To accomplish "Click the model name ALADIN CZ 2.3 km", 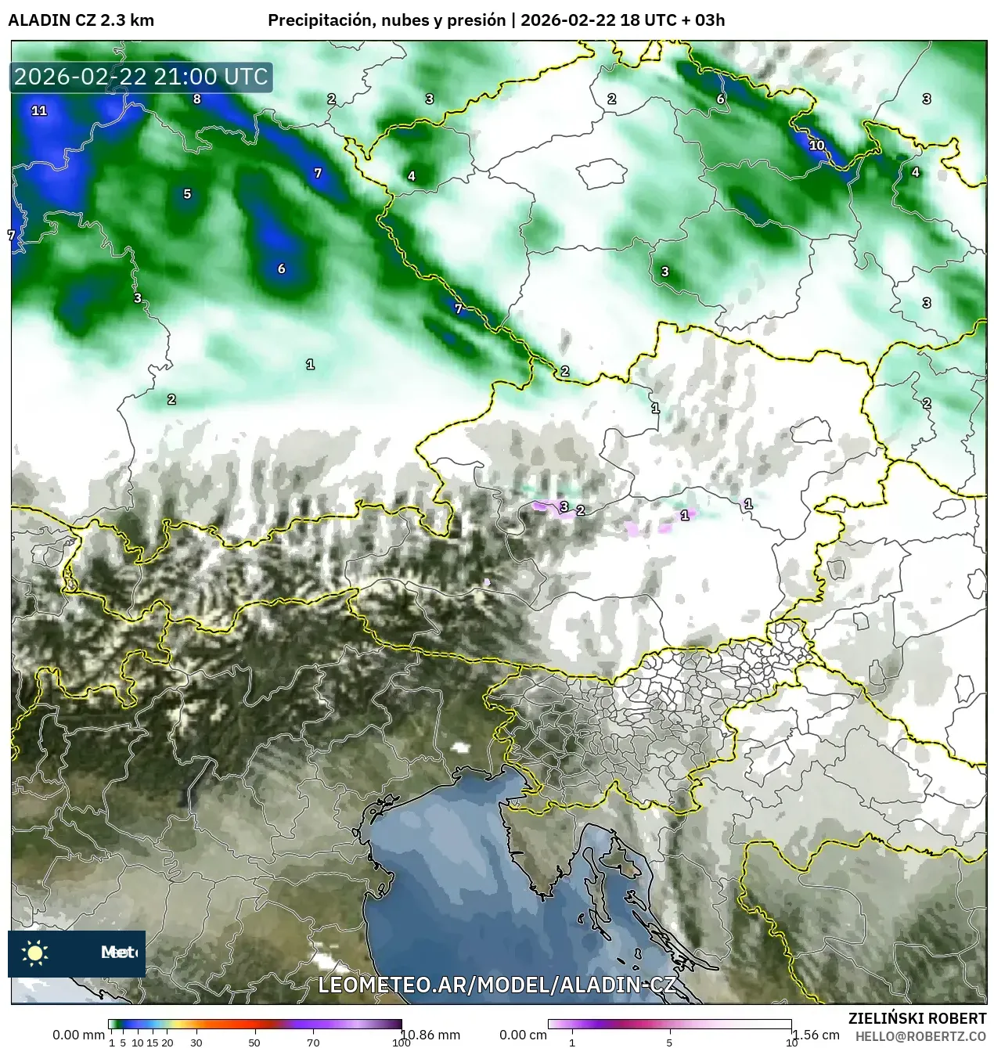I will [x=81, y=20].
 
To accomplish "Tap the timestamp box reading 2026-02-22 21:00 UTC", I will [x=141, y=77].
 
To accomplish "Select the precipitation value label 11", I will [x=39, y=110].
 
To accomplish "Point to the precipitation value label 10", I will [x=816, y=145].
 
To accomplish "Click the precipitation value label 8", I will [x=197, y=99].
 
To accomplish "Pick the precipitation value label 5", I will [x=187, y=194].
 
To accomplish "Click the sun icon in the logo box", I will [x=35, y=953].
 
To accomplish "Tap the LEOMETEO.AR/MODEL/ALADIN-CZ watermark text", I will [x=496, y=985].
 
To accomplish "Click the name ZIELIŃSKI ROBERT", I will [x=917, y=1018].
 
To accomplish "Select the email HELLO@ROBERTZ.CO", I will [x=920, y=1036].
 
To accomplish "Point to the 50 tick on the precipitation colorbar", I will [x=254, y=1042].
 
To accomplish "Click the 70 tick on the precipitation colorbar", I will [x=313, y=1042].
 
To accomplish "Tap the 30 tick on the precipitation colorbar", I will [x=196, y=1042].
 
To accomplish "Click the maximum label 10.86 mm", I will [x=431, y=1035].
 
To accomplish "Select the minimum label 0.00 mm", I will [x=78, y=1035].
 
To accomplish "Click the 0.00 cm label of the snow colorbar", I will [x=523, y=1035].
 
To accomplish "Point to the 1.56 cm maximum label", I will [x=816, y=1035].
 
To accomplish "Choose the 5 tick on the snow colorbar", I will [x=669, y=1042].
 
